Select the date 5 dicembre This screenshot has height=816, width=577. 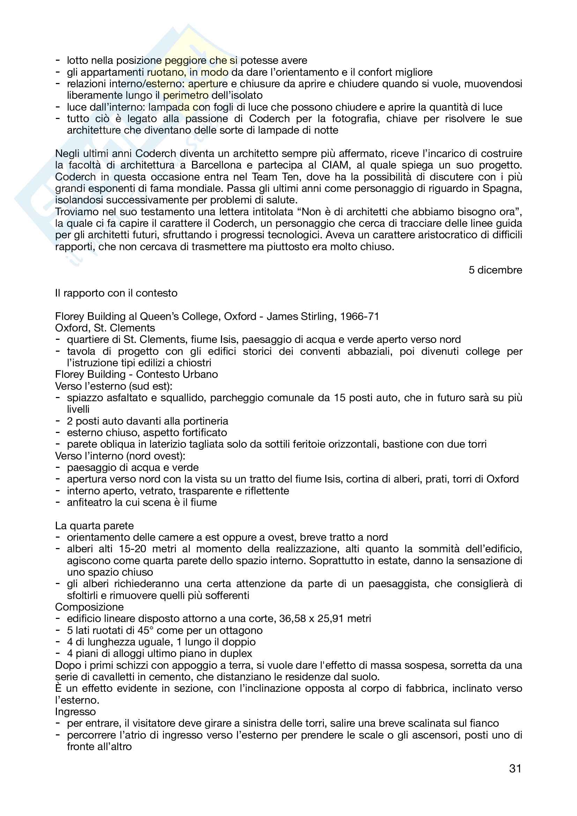coord(495,270)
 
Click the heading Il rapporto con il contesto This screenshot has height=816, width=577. coord(116,293)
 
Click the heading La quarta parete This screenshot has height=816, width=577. coord(94,526)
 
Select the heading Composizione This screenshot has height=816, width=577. coord(89,607)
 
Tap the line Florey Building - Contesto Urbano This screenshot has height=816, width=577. coord(136,374)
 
